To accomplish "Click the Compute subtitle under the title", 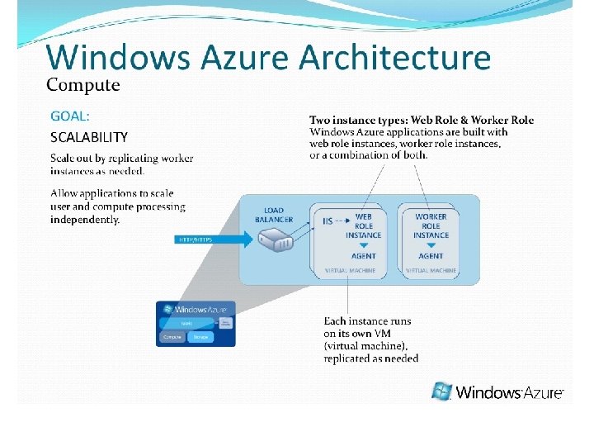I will click(82, 84).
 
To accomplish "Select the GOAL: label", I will click(70, 116).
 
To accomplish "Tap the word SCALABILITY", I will click(89, 137).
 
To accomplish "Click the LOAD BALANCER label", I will click(274, 215).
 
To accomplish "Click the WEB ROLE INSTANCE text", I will click(363, 225).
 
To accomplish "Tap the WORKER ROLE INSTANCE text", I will click(431, 225).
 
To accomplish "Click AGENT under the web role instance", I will click(363, 256).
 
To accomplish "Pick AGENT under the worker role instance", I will click(431, 256).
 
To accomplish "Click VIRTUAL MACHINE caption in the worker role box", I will click(431, 270).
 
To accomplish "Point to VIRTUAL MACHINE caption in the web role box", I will click(350, 270).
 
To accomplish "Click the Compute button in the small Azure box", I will click(172, 337).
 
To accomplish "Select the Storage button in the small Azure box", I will click(200, 337).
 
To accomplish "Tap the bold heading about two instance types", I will click(422, 120).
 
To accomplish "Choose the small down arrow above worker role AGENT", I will click(431, 245).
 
